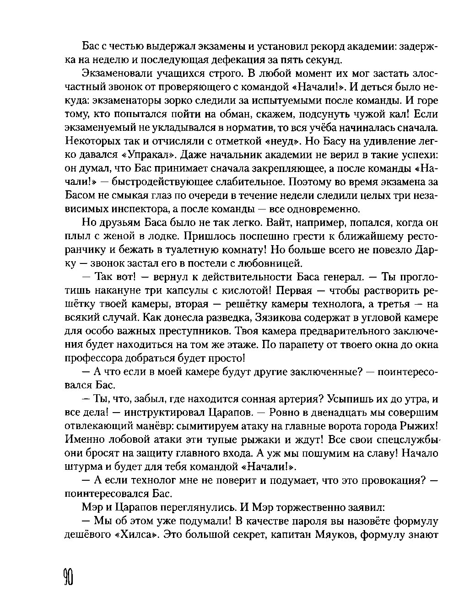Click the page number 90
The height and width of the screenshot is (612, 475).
pyautogui.click(x=69, y=580)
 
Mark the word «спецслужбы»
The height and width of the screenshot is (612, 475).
pyautogui.click(x=407, y=439)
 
